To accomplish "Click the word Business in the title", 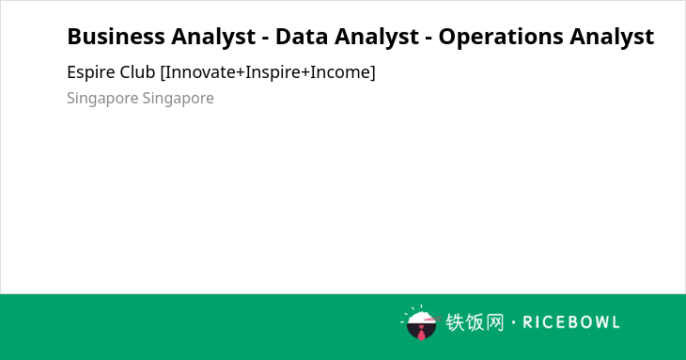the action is pyautogui.click(x=116, y=37).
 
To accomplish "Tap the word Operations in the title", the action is pyautogui.click(x=501, y=38).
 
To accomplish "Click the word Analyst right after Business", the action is pyautogui.click(x=213, y=38).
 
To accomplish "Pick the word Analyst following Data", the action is pyautogui.click(x=377, y=38).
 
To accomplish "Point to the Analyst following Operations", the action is pyautogui.click(x=612, y=38).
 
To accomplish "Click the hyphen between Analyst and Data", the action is pyautogui.click(x=266, y=39).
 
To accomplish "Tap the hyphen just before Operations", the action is pyautogui.click(x=429, y=39).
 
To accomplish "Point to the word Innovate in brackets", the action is pyautogui.click(x=198, y=72).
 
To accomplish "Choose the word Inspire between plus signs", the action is pyautogui.click(x=273, y=73).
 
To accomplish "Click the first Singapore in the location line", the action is pyautogui.click(x=102, y=99).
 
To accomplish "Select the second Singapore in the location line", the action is pyautogui.click(x=178, y=99).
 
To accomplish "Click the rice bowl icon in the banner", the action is pyautogui.click(x=421, y=322).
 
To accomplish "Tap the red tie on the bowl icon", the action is pyautogui.click(x=421, y=333).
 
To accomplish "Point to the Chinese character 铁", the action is pyautogui.click(x=455, y=322).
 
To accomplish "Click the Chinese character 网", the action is pyautogui.click(x=495, y=322).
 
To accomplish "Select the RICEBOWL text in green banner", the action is pyautogui.click(x=571, y=322).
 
